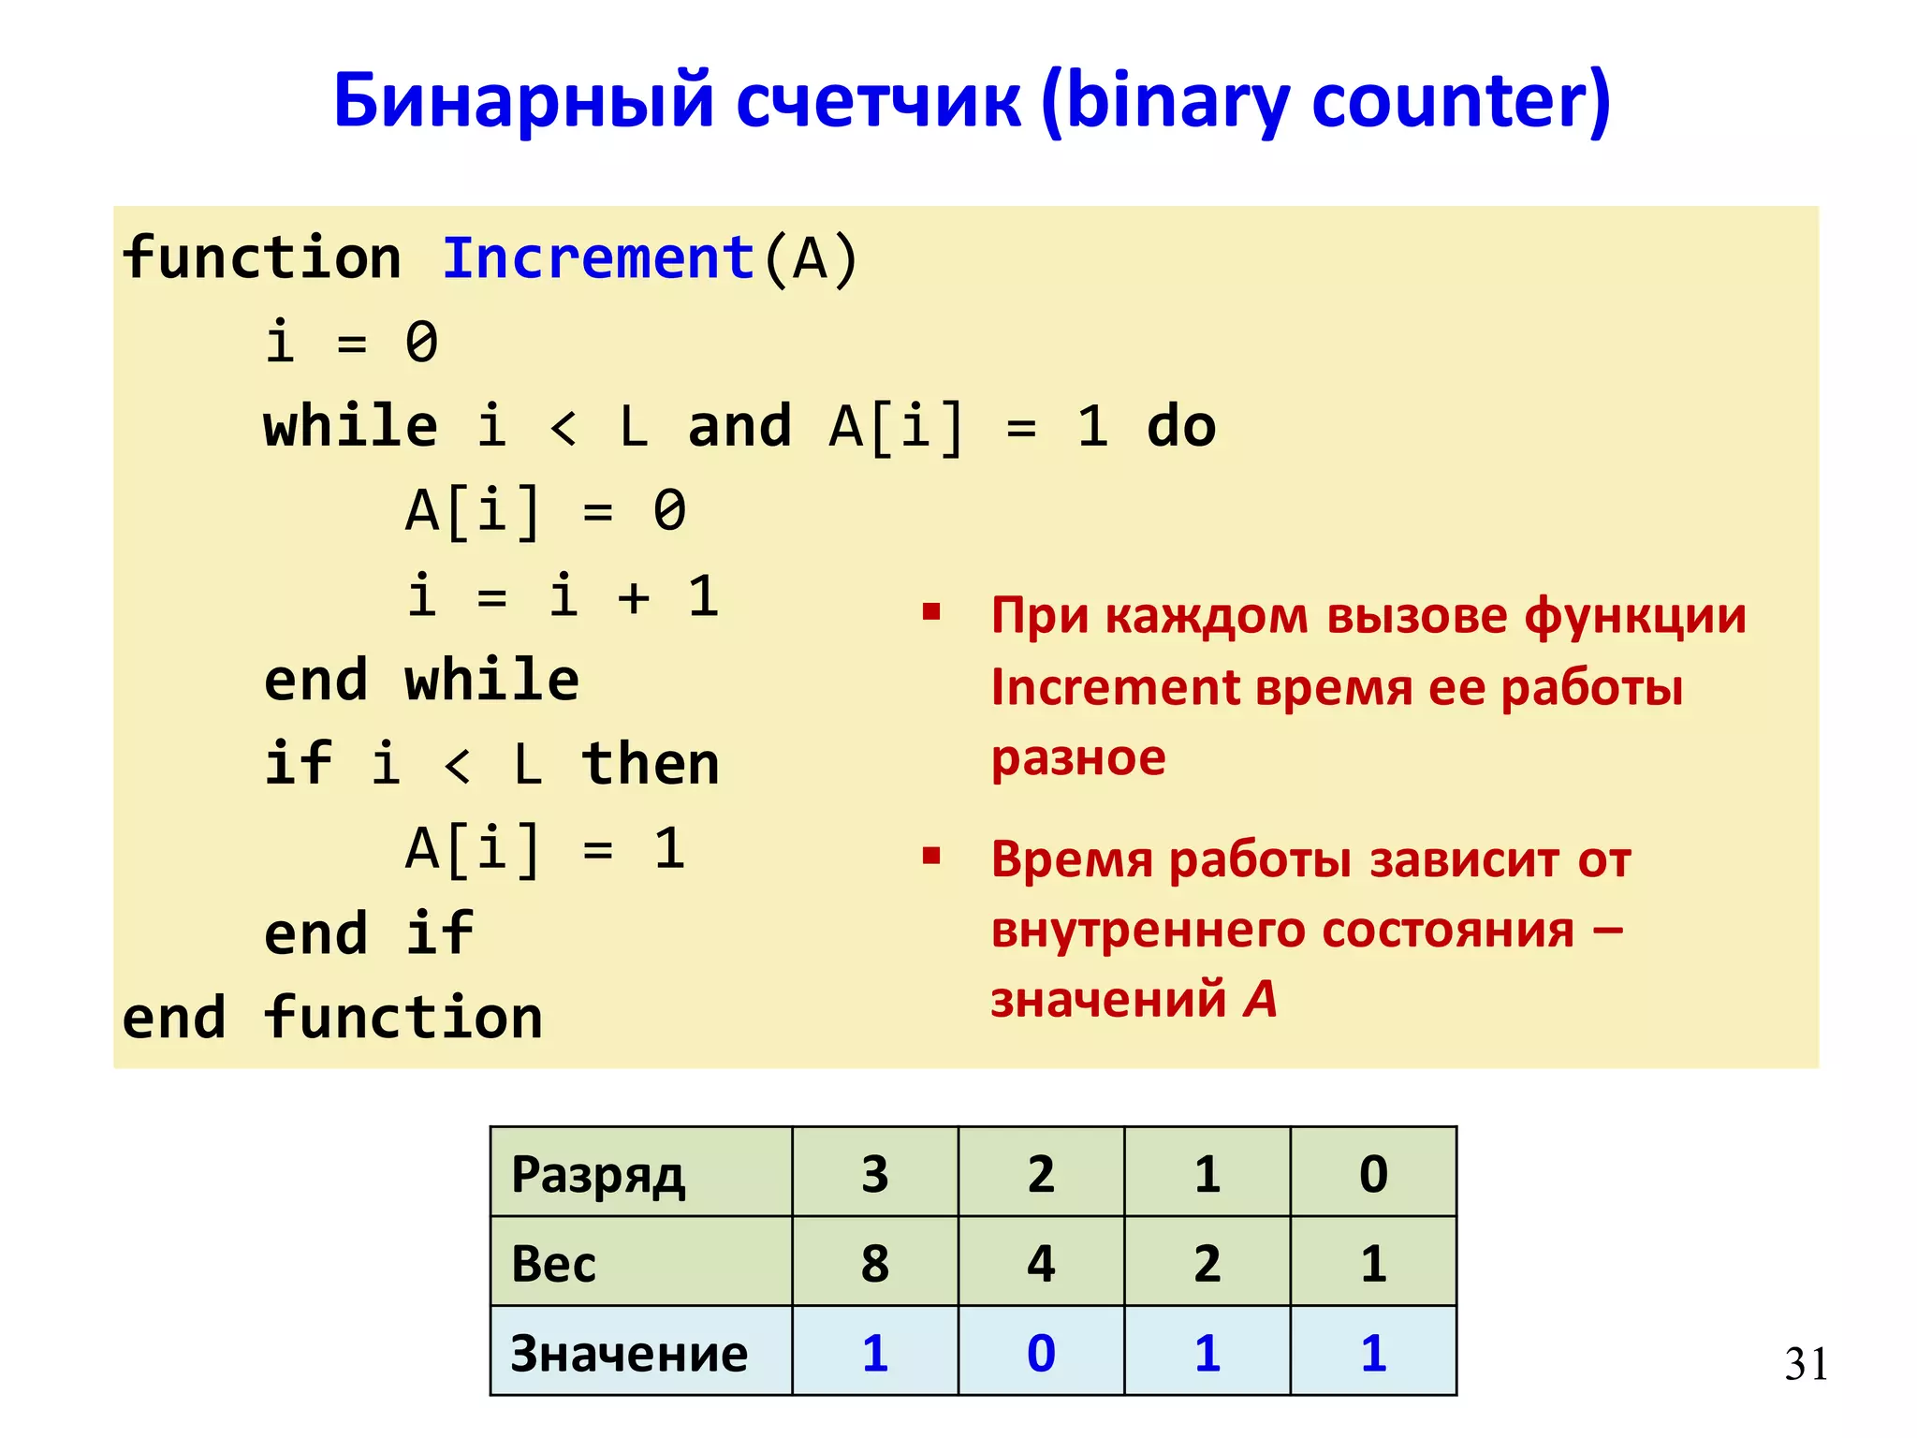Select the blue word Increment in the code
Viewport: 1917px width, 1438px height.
598,258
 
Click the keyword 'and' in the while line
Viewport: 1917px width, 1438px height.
739,427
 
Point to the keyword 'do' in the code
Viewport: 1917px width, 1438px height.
1181,427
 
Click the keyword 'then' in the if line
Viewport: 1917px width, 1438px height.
651,764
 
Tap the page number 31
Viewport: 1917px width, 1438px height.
1806,1363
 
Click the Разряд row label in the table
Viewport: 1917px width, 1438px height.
598,1174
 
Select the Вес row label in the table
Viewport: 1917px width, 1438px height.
553,1263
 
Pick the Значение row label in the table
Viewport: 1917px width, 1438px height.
629,1353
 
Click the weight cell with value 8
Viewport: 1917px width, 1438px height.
875,1263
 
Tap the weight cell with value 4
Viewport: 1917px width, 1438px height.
1041,1263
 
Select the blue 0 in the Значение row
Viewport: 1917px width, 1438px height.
1041,1353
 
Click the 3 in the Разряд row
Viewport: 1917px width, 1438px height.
875,1174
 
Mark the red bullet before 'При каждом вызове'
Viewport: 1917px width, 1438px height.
930,613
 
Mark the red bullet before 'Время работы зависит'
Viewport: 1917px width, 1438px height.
930,856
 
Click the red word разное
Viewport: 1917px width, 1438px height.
1078,756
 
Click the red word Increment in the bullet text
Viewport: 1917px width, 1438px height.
1115,687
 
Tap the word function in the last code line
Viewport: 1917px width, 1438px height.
403,1018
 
